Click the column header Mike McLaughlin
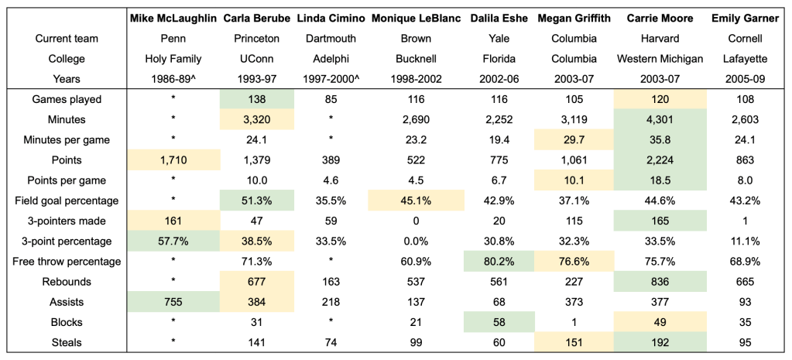(x=173, y=18)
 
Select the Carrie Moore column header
(x=660, y=18)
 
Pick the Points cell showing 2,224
(x=660, y=160)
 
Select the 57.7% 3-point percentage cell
(x=173, y=241)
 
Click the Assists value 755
(x=173, y=302)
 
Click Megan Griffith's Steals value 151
(x=574, y=342)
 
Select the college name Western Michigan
(x=660, y=58)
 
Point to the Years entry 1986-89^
(x=173, y=78)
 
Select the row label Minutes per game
(x=72, y=140)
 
